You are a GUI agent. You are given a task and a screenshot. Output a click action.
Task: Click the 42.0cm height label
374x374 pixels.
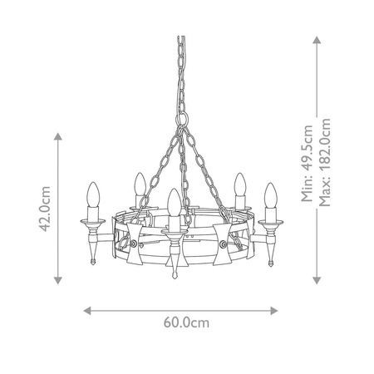point(47,206)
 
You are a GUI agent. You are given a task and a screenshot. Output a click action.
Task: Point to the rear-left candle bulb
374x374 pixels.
point(140,184)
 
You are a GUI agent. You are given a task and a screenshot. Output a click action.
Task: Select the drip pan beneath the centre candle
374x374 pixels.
point(172,229)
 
